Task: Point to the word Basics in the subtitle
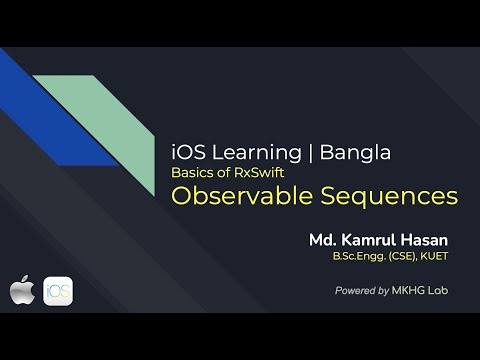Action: (x=192, y=172)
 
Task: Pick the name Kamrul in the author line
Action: (x=372, y=241)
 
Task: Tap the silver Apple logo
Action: (x=22, y=293)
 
